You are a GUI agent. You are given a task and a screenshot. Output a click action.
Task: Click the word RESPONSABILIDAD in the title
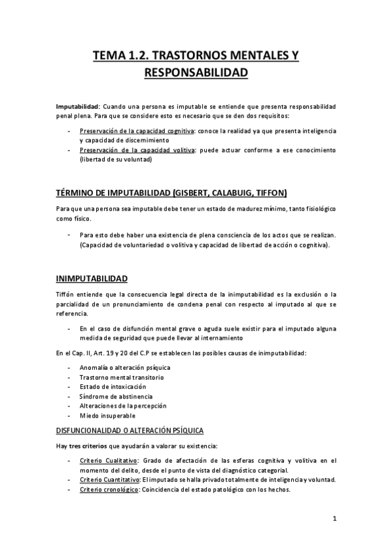(196, 72)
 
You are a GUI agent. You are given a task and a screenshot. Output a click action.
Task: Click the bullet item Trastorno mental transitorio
(121, 378)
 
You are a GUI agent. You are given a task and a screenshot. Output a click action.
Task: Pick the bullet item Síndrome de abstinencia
(116, 397)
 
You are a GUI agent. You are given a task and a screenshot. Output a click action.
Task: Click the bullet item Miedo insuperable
(108, 416)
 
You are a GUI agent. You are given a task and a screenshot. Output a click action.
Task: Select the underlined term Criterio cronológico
(108, 490)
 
